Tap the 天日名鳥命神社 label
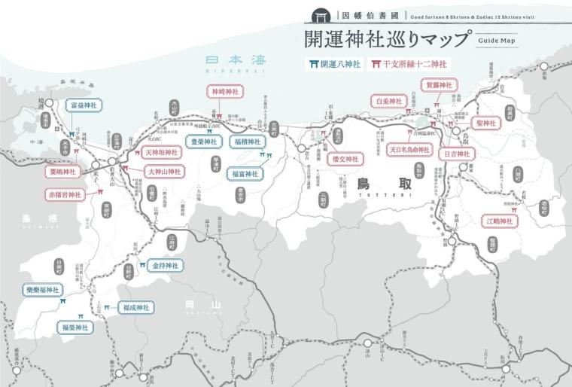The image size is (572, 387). [409, 151]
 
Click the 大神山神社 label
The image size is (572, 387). [164, 171]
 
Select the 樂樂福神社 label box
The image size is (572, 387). [43, 290]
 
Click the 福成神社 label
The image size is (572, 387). [135, 307]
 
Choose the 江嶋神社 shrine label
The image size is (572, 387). [500, 221]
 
